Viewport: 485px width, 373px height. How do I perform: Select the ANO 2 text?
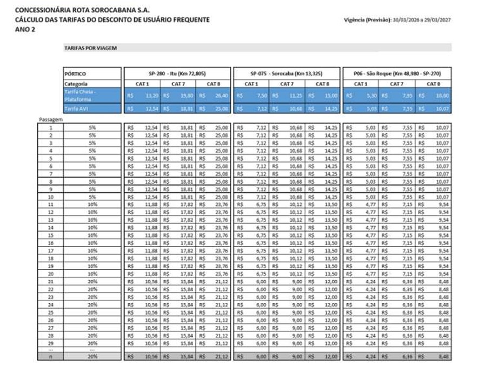[24, 29]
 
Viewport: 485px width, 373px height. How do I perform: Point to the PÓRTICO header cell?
[76, 73]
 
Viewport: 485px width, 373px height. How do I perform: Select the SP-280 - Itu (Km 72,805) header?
[177, 73]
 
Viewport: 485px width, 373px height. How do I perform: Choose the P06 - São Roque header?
[396, 73]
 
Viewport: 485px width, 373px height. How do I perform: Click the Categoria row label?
[76, 84]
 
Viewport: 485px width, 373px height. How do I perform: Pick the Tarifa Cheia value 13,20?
[150, 96]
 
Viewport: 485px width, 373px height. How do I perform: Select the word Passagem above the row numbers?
[51, 119]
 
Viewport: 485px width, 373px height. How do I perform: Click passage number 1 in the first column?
[50, 127]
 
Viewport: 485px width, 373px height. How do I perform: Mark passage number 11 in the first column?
[50, 205]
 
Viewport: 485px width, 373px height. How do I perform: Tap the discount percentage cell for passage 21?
[92, 281]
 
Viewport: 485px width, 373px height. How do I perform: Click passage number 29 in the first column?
[50, 343]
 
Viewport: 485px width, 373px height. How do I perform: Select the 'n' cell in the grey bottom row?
[50, 356]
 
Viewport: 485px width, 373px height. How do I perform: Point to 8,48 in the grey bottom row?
[442, 356]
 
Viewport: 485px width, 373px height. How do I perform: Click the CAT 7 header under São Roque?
[396, 84]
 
